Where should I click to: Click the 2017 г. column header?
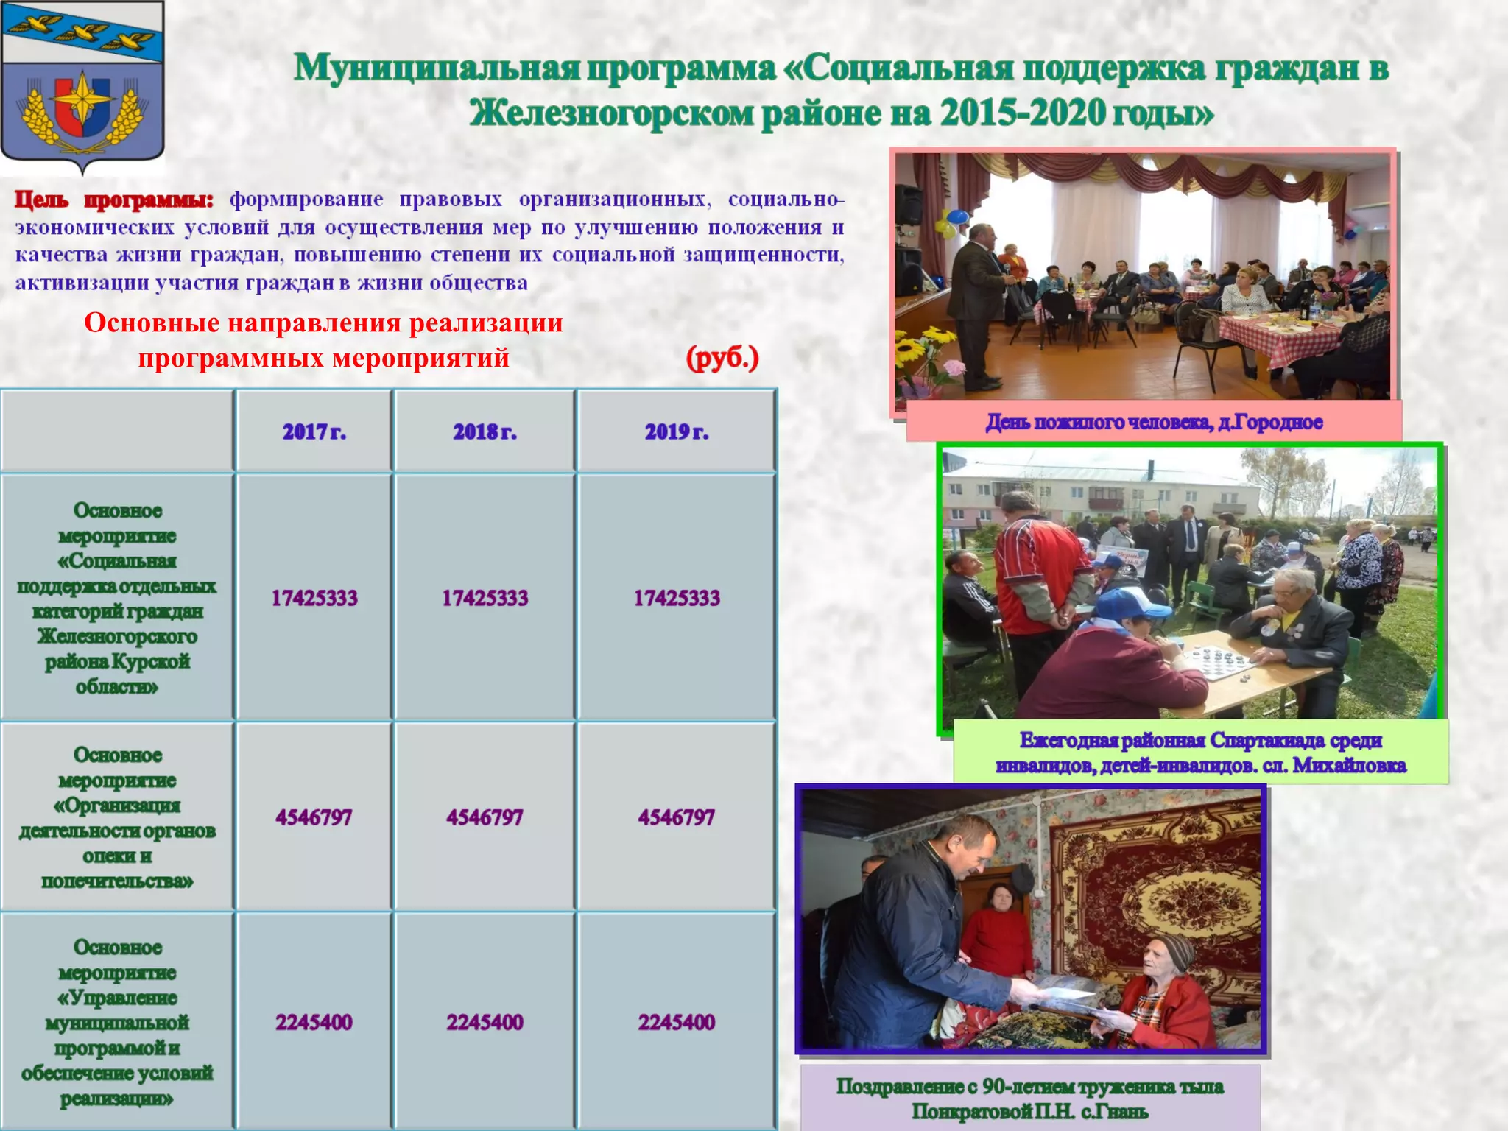[314, 431]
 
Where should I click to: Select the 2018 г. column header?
[485, 431]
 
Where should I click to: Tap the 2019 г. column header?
[676, 431]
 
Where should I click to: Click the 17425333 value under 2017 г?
[314, 598]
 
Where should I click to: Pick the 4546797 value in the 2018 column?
[485, 817]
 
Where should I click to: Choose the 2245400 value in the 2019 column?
[676, 1022]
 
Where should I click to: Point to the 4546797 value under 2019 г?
[676, 817]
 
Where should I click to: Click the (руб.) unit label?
[722, 359]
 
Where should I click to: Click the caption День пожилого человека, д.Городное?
[1154, 422]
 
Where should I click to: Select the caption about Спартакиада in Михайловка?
[1200, 753]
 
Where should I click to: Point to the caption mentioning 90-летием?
[1029, 1098]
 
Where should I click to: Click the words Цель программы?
[114, 200]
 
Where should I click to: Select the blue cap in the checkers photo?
[1130, 604]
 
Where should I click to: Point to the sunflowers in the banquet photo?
[924, 346]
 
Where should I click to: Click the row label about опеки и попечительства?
[117, 817]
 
